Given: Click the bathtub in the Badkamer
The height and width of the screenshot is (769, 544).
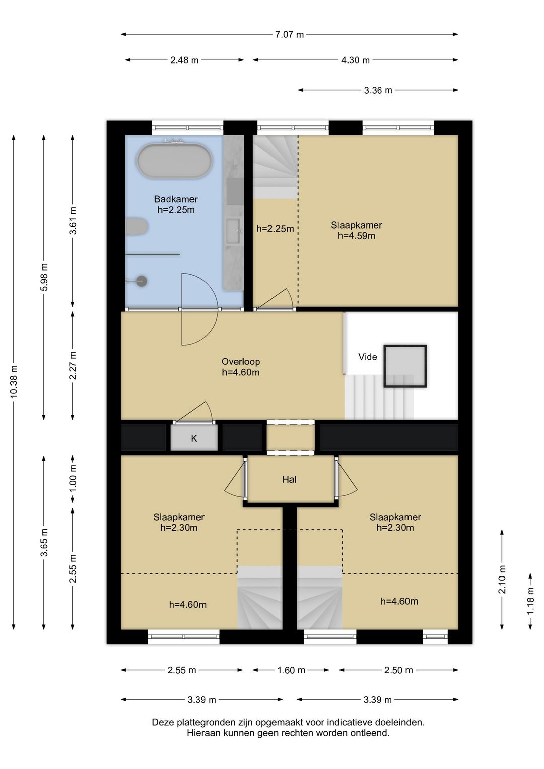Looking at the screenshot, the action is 174,160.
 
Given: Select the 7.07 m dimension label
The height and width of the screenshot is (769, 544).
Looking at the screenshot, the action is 289,35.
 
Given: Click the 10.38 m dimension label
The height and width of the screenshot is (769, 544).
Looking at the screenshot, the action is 14,382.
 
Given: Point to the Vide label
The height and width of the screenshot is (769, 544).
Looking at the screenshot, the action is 368,357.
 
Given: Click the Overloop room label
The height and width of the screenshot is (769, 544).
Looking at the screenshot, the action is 241,361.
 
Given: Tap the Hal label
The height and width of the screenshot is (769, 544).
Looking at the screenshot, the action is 289,480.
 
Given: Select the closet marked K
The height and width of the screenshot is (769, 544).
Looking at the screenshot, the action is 194,438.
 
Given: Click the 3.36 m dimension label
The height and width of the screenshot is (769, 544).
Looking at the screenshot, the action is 378,90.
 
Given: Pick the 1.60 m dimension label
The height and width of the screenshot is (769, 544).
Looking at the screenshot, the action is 291,670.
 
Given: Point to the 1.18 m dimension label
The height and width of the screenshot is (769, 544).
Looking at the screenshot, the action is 530,602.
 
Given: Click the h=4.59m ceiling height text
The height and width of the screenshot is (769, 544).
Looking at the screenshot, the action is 357,236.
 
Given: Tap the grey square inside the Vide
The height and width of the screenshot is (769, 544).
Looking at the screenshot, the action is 405,366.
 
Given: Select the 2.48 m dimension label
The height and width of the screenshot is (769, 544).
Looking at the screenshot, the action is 184,60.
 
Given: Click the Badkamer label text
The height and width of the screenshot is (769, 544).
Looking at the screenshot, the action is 176,199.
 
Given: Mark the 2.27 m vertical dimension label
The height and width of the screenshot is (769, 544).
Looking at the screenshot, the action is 73,366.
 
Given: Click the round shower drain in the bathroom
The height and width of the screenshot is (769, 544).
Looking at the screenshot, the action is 142,281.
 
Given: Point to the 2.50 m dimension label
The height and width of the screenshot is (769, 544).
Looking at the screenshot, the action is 398,670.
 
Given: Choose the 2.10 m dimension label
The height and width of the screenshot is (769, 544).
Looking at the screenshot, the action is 502,579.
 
